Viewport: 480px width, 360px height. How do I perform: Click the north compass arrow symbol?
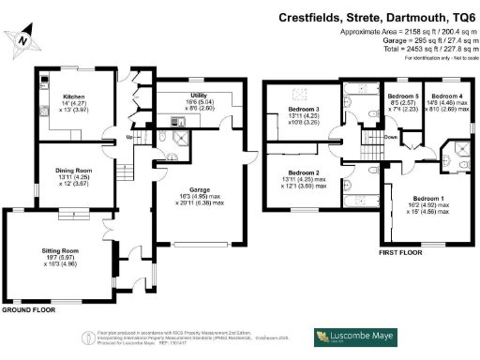[x=23, y=37]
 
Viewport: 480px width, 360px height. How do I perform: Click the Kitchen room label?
[x=75, y=96]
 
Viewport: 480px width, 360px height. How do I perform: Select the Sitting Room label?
[x=64, y=251]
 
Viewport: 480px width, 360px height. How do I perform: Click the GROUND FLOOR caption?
[x=25, y=308]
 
